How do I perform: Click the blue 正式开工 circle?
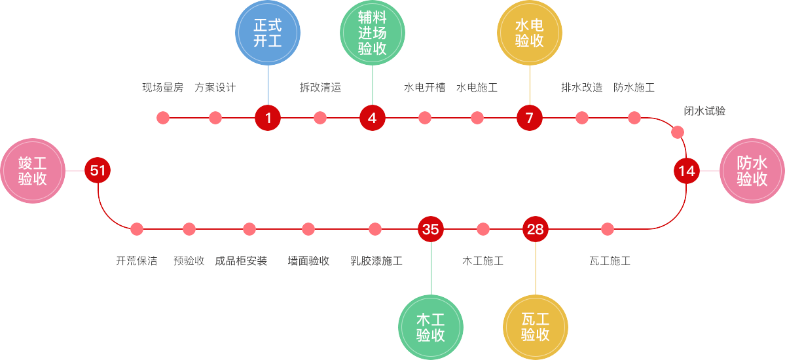268,33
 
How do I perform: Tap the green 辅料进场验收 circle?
373,33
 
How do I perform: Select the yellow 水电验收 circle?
530,33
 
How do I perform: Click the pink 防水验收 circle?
752,171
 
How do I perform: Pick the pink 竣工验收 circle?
33,171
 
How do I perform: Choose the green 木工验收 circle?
431,327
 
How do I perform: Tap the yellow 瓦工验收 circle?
536,327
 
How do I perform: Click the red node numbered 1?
268,118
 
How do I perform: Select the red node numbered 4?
373,118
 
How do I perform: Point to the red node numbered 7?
530,118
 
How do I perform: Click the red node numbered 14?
686,171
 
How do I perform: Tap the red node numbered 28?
536,229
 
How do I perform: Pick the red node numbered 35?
431,229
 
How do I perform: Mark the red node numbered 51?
98,171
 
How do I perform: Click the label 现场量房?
163,88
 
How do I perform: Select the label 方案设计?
215,88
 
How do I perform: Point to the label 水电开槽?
425,88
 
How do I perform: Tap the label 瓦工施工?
610,261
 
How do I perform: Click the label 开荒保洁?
137,261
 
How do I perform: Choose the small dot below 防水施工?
634,118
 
